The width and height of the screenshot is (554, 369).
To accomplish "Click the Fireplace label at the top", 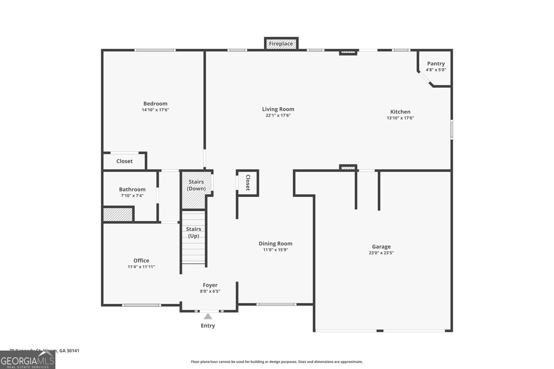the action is [x=281, y=44].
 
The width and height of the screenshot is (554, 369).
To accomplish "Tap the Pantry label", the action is [x=436, y=64].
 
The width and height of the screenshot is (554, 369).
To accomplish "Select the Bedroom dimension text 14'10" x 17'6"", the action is [x=155, y=110].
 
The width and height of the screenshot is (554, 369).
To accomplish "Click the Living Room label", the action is [x=278, y=109].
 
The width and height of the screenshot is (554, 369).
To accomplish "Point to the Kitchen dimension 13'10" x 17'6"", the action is [x=400, y=118].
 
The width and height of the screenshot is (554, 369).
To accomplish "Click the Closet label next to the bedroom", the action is [x=124, y=161].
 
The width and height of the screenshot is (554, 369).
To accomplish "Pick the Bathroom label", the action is [x=132, y=190].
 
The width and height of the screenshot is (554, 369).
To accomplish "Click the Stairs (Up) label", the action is [x=194, y=232].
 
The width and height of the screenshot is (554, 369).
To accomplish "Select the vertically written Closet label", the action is [x=248, y=183].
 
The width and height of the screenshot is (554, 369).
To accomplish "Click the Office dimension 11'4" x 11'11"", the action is [x=141, y=267].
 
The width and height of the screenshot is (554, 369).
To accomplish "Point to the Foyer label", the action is [x=210, y=285].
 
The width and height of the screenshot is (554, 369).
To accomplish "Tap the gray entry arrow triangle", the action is [x=208, y=316].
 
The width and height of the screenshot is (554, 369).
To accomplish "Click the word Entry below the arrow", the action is [x=208, y=326].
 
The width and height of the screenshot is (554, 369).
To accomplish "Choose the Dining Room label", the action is [x=275, y=244].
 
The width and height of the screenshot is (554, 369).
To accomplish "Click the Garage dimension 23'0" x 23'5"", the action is [x=381, y=253].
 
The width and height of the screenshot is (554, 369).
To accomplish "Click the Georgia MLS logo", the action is [x=28, y=360].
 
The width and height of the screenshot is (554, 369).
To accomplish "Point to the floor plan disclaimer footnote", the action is [x=277, y=362].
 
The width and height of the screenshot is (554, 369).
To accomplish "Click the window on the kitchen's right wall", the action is [x=452, y=129].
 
